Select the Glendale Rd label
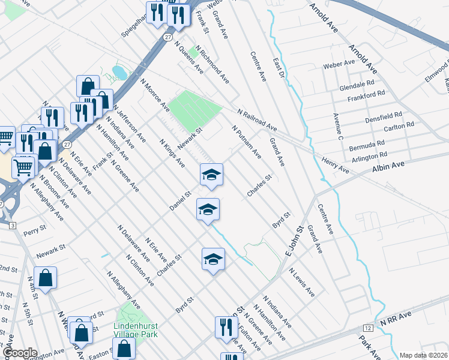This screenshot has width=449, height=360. pyautogui.click(x=357, y=84)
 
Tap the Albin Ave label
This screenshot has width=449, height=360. pyautogui.click(x=390, y=163)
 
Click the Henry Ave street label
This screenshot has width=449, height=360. pyautogui.click(x=336, y=166)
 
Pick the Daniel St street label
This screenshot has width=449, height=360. pyautogui.click(x=179, y=201)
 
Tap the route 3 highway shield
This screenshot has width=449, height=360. pyautogui.click(x=12, y=224)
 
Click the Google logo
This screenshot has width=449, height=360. pyautogui.click(x=20, y=353)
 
